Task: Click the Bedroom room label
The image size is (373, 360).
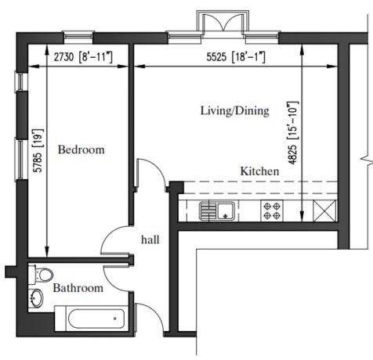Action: tap(81, 149)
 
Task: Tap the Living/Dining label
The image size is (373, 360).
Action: tap(235, 111)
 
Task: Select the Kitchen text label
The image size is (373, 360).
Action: tap(259, 171)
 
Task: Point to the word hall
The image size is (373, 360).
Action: tap(150, 239)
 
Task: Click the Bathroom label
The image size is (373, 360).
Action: tap(78, 288)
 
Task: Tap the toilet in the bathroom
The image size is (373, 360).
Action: tap(41, 275)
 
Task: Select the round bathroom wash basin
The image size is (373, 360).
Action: tap(36, 297)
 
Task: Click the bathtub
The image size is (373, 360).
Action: tap(92, 319)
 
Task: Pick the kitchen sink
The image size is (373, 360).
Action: tap(217, 211)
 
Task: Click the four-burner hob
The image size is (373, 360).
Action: tap(272, 211)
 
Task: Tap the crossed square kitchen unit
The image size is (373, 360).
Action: tap(324, 211)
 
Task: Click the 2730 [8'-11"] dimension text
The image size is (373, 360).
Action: tap(83, 57)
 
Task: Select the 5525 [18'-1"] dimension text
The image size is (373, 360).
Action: tap(236, 57)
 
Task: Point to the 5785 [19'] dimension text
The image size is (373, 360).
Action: tap(38, 150)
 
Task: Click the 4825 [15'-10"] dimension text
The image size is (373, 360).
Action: tap(292, 133)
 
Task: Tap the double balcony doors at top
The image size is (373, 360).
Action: tap(223, 21)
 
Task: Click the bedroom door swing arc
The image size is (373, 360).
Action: tap(107, 235)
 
